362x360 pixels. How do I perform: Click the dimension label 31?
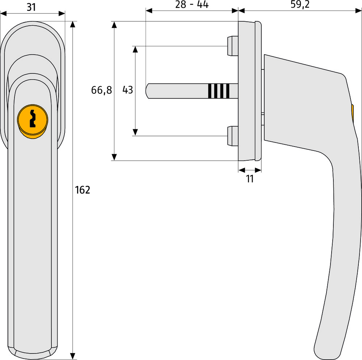click(31, 7)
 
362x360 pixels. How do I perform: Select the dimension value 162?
click(82, 190)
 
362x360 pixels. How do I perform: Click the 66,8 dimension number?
click(101, 90)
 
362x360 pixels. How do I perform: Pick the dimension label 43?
click(128, 90)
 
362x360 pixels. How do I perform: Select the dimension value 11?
click(250, 179)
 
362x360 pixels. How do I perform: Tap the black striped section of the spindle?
click(219, 91)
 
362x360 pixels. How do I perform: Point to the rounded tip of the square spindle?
click(148, 91)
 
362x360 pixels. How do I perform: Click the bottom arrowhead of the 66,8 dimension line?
click(114, 157)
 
